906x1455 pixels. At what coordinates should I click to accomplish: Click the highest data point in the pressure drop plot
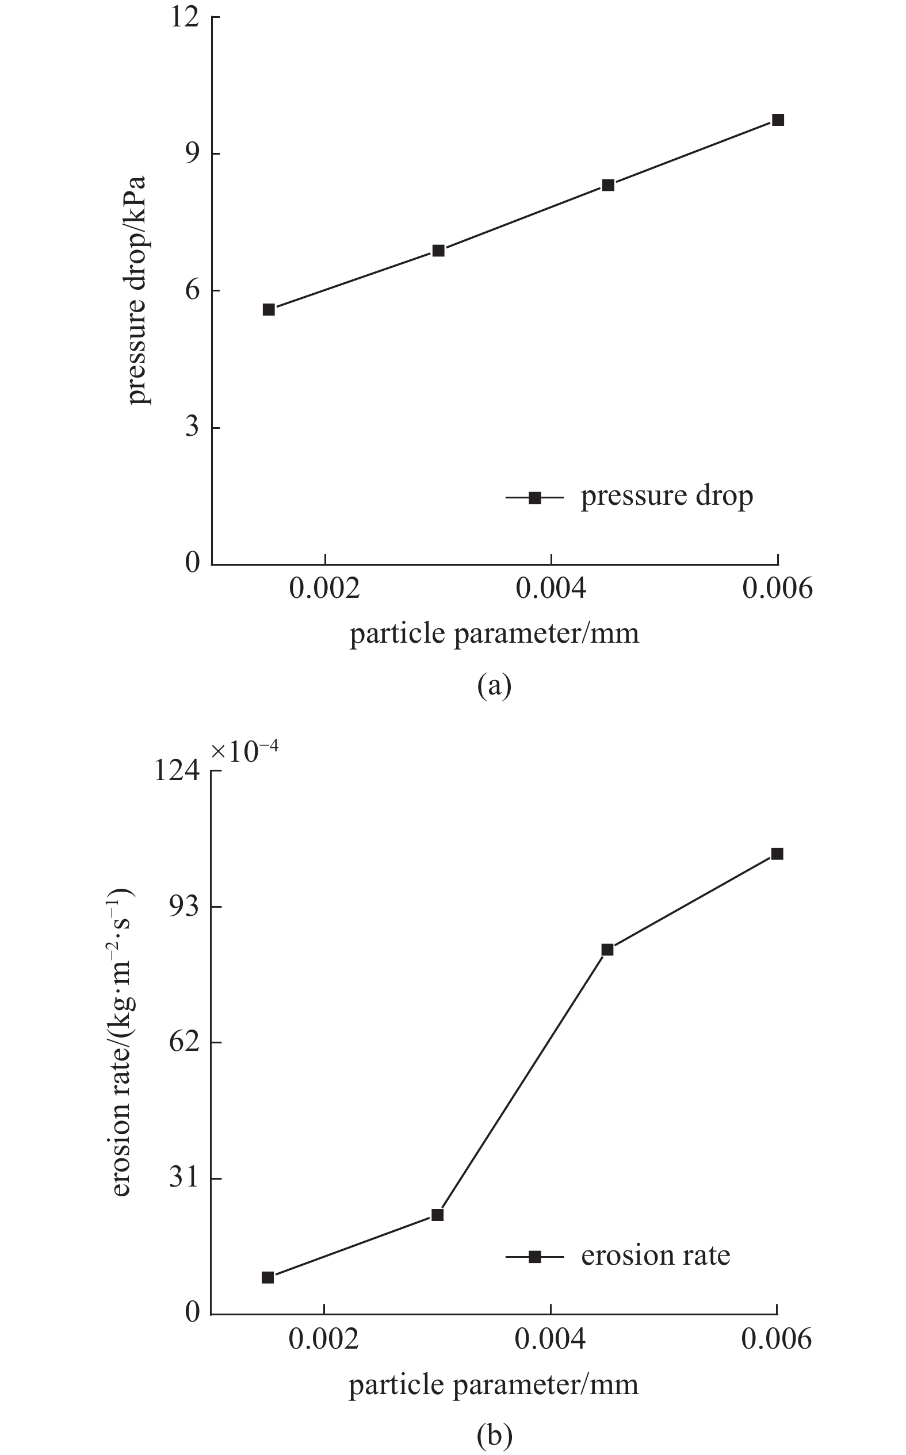[x=778, y=120]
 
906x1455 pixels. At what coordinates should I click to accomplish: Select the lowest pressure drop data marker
[x=269, y=309]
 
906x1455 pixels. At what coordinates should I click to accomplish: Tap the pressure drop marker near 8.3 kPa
[x=608, y=185]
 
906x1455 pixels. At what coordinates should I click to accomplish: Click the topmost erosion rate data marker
[x=777, y=854]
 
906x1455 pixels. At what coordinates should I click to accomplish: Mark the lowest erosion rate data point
[x=268, y=1277]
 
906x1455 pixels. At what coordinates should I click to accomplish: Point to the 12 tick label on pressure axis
[x=184, y=17]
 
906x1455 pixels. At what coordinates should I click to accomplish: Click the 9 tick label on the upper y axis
[x=192, y=154]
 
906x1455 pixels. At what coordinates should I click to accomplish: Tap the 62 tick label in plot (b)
[x=184, y=1042]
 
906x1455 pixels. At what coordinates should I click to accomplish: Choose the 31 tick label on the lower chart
[x=184, y=1178]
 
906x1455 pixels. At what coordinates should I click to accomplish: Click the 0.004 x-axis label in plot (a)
[x=551, y=589]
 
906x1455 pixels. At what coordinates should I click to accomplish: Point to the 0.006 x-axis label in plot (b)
[x=777, y=1339]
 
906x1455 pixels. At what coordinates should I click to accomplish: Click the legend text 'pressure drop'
[x=666, y=496]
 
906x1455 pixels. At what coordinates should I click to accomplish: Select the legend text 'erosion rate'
[x=656, y=1256]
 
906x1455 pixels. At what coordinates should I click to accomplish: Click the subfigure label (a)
[x=494, y=686]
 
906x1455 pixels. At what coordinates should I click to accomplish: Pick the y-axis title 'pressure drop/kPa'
[x=137, y=290]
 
